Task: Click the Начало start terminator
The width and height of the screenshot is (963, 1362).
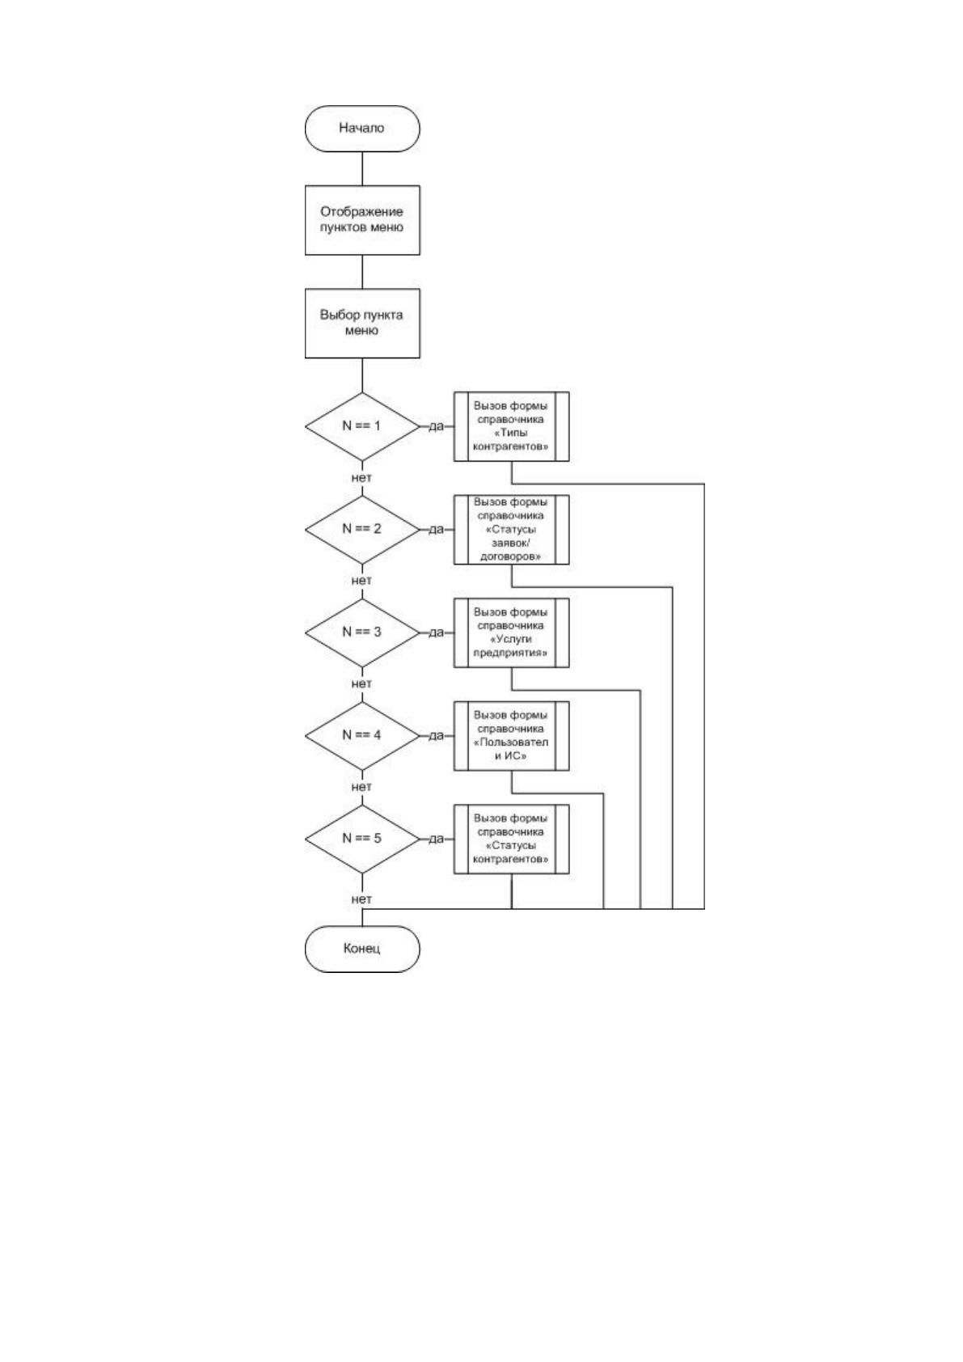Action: click(361, 129)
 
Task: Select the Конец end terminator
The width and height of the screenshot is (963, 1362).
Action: click(361, 949)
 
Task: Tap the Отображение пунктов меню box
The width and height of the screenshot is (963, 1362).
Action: click(361, 220)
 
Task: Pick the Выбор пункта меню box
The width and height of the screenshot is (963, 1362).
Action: click(361, 323)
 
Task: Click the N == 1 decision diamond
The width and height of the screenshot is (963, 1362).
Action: click(361, 426)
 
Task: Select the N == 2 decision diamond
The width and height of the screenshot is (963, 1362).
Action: click(361, 529)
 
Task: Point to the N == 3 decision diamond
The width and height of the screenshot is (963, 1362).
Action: click(361, 632)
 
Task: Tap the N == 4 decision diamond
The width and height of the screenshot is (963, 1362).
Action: click(361, 736)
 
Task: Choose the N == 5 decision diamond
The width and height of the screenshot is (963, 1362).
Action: click(361, 839)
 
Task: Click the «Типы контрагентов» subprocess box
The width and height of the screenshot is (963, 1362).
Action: click(511, 426)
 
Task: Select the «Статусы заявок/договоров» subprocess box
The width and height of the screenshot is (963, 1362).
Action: click(511, 529)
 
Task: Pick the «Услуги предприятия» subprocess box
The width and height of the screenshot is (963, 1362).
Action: click(511, 632)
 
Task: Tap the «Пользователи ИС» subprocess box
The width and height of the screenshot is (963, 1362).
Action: click(511, 736)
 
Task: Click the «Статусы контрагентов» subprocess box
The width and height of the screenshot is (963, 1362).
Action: click(511, 839)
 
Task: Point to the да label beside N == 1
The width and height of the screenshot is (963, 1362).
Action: click(437, 426)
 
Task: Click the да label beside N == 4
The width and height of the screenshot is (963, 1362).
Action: click(437, 736)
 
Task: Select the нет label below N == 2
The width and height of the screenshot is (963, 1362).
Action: click(361, 581)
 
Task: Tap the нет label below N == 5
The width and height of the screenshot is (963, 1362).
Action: click(361, 899)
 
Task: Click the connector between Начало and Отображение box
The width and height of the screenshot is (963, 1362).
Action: click(362, 168)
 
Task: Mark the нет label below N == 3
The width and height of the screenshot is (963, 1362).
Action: click(361, 684)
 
